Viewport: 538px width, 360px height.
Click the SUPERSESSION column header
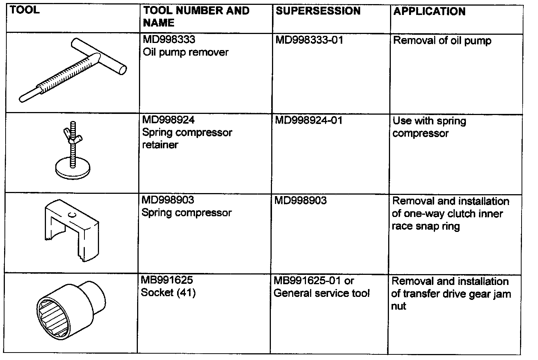[318, 11]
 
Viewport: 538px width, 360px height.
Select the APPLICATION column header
[429, 12]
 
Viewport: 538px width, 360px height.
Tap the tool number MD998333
[169, 40]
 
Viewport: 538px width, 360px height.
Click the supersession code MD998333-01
[309, 40]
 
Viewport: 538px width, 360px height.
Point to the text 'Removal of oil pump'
[442, 41]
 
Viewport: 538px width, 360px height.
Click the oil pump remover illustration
[73, 71]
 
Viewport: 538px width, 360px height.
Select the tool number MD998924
[168, 120]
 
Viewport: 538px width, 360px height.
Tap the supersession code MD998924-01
[309, 120]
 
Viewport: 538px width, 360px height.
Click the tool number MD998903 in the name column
[168, 200]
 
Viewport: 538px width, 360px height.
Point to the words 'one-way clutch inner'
[447, 214]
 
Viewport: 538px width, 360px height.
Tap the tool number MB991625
[167, 280]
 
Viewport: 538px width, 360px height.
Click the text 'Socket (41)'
[168, 293]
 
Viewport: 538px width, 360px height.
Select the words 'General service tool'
[321, 293]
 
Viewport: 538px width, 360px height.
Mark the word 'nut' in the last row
[399, 306]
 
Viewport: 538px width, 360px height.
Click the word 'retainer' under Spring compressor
[160, 145]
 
